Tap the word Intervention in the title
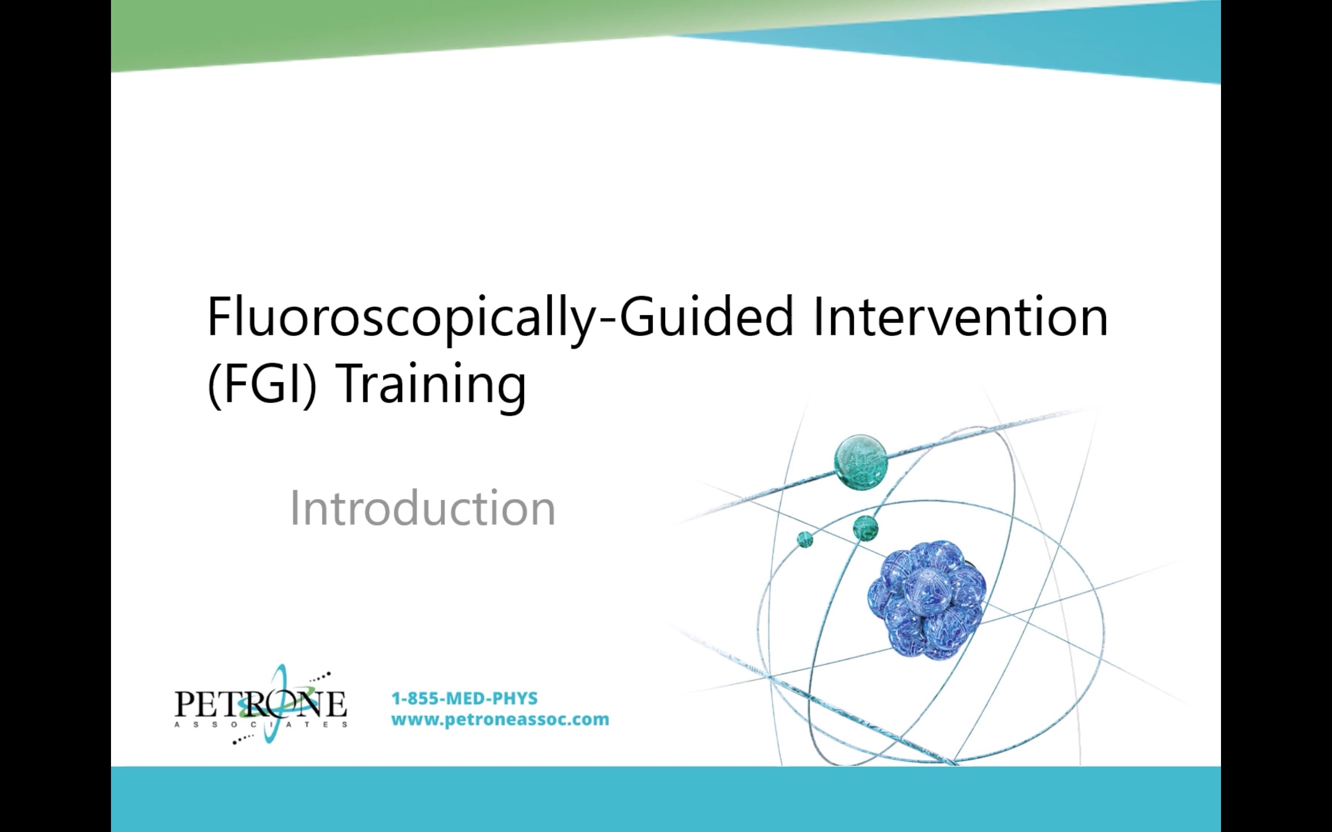tap(960, 318)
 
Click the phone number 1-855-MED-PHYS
tap(464, 698)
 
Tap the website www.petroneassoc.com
tap(500, 719)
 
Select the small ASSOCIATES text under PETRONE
tap(260, 724)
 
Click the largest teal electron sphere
tap(861, 461)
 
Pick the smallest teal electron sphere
tap(805, 539)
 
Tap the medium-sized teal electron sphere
tap(865, 528)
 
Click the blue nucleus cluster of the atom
tap(926, 600)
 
